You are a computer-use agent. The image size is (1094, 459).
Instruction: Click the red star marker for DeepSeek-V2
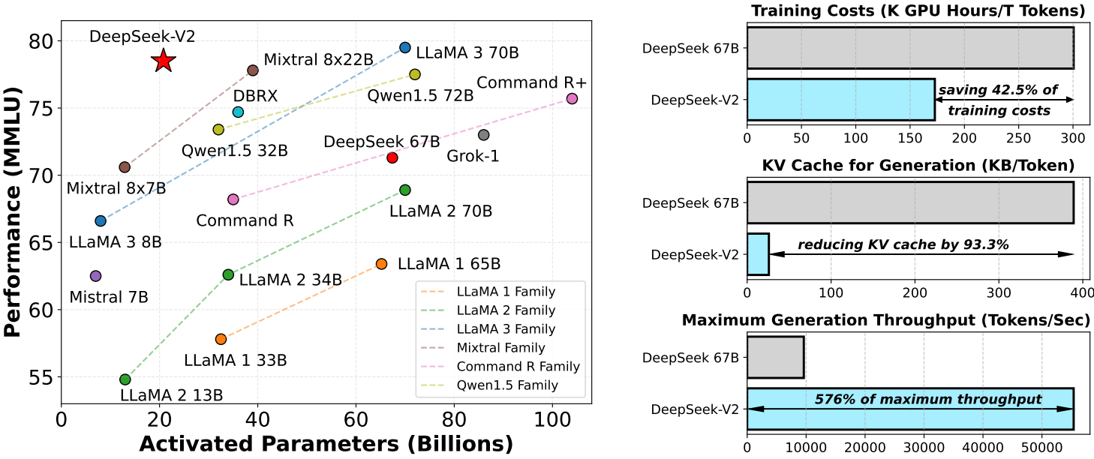pyautogui.click(x=164, y=61)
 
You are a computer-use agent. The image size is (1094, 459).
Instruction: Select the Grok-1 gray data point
pyautogui.click(x=483, y=135)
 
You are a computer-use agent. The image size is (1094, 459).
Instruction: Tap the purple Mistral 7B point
pyautogui.click(x=95, y=276)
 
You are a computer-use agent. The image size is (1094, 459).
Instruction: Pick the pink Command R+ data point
pyautogui.click(x=572, y=98)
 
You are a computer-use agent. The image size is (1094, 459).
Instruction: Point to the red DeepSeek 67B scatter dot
pyautogui.click(x=392, y=157)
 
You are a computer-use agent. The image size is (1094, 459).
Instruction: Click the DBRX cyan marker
pyautogui.click(x=238, y=112)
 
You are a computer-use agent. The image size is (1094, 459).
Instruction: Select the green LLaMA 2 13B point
pyautogui.click(x=125, y=379)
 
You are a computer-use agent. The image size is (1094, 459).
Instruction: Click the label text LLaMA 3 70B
pyautogui.click(x=467, y=53)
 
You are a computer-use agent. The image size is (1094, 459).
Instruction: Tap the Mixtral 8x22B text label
pyautogui.click(x=318, y=59)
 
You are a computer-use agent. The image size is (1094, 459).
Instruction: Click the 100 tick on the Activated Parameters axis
pyautogui.click(x=552, y=415)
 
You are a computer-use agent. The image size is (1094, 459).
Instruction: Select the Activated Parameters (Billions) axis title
pyautogui.click(x=326, y=443)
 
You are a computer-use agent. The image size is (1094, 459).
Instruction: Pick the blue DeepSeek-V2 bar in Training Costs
pyautogui.click(x=840, y=100)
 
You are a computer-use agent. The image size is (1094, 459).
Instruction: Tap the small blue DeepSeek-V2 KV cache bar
pyautogui.click(x=758, y=254)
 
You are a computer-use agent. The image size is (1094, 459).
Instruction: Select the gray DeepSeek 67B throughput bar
pyautogui.click(x=775, y=357)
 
